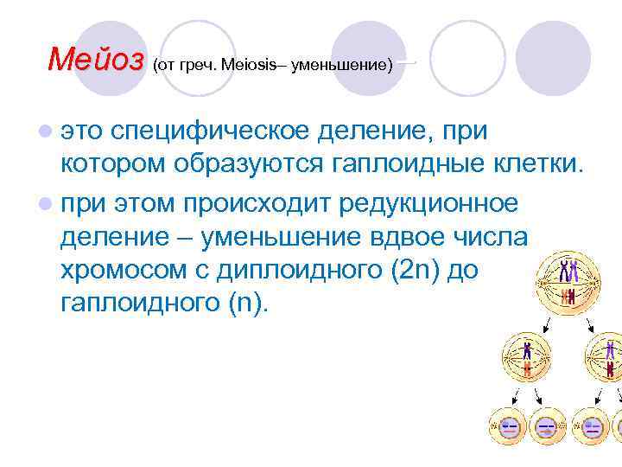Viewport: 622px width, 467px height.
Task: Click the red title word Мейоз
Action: pos(96,60)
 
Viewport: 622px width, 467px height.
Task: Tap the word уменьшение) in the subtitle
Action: pos(342,66)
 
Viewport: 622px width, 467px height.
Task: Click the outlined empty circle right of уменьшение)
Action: pos(467,57)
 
